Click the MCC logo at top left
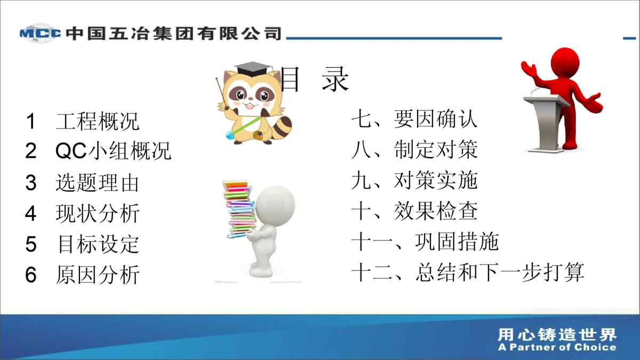tap(41, 34)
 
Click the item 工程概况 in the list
tap(98, 121)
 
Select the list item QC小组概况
tap(113, 150)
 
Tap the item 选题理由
tap(98, 183)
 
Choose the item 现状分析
tap(98, 213)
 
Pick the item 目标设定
tap(99, 244)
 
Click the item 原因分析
tap(98, 275)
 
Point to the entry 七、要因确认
tap(414, 119)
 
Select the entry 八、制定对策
tap(414, 149)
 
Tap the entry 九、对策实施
tap(414, 180)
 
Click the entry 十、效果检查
tap(414, 211)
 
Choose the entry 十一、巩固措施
tap(425, 242)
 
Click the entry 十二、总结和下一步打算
tap(468, 273)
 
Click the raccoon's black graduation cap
tap(253, 69)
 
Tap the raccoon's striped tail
tap(282, 127)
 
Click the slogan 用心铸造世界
tap(557, 335)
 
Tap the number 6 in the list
tap(31, 275)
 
